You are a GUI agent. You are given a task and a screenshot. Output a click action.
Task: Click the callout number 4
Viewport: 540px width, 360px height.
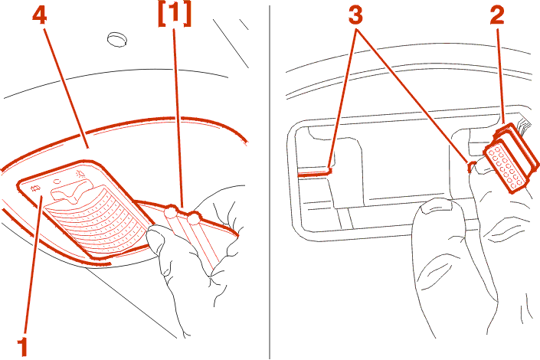coord(40,16)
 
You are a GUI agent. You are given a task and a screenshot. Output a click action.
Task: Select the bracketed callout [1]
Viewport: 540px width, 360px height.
coord(175,15)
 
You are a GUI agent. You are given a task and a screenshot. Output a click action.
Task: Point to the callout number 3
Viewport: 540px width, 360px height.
coord(355,16)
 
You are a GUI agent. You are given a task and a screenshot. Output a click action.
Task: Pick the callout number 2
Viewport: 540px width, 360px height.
coord(497,16)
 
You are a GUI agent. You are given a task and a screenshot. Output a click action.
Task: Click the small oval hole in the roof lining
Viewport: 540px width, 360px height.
coord(117,39)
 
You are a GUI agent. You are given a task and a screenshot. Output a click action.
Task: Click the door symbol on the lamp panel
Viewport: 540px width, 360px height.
coord(35,188)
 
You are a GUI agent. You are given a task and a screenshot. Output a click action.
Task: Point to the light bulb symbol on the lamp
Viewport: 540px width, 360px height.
coord(80,172)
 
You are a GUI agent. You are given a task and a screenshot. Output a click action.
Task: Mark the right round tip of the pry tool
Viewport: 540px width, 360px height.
coord(193,218)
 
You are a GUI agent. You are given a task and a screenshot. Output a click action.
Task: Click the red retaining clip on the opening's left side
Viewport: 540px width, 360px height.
coord(314,172)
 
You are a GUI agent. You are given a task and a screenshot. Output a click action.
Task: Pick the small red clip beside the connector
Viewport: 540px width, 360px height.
coord(472,165)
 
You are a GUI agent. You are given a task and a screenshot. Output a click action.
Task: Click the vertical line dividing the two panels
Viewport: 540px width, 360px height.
coord(270,182)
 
